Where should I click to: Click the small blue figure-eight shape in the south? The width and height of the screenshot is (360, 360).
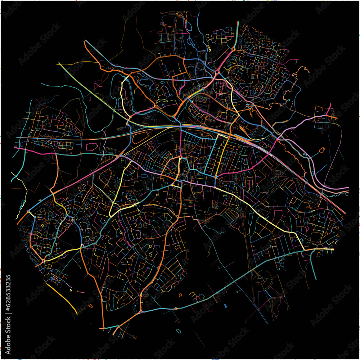(226, 306)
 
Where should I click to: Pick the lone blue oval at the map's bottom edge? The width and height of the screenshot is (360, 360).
(178, 331)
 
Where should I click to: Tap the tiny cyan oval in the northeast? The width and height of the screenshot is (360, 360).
(289, 100)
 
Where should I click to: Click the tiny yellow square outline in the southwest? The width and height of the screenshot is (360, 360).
(71, 290)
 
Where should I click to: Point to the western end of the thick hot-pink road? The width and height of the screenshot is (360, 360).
(15, 147)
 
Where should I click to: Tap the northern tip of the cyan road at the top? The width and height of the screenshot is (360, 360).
(238, 22)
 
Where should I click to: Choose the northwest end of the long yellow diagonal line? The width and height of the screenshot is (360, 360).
(59, 63)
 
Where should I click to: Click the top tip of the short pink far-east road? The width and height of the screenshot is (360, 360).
(330, 104)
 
